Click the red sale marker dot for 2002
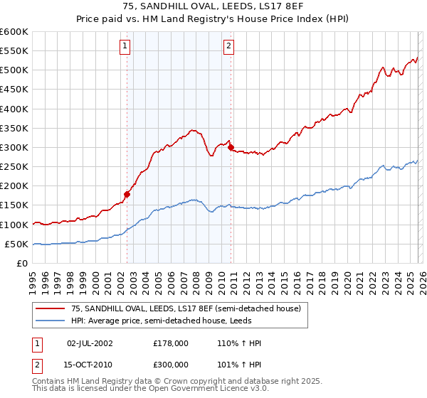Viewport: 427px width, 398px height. click(127, 193)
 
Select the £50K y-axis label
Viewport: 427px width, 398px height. click(16, 244)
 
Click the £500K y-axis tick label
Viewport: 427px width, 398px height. click(14, 70)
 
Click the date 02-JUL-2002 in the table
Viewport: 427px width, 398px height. click(90, 343)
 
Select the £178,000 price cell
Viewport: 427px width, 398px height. click(171, 343)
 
